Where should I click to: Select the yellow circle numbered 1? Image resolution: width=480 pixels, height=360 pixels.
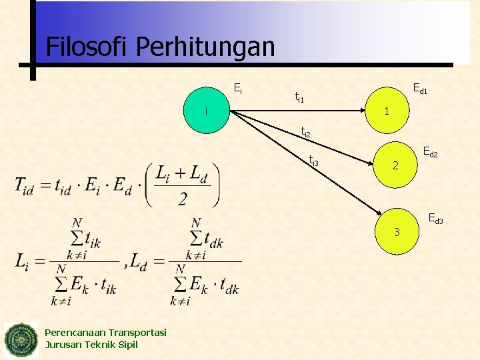point(387,110)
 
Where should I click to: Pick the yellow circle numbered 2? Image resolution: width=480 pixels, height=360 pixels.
point(395,165)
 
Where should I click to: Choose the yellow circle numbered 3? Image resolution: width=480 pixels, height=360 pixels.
point(397,232)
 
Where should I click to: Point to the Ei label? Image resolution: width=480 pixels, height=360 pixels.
point(237,87)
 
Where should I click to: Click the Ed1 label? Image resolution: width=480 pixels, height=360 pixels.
point(420,87)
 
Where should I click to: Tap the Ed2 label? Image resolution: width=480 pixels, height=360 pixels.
point(430,153)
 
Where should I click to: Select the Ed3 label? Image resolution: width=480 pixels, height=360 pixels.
point(435,217)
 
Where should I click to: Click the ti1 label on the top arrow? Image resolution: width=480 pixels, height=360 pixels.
point(299,98)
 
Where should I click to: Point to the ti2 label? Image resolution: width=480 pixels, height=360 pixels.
point(305,132)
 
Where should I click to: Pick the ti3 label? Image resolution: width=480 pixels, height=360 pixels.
point(314,159)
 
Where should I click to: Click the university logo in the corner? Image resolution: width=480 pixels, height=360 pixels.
point(21,339)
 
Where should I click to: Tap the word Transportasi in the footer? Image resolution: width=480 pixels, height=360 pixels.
point(136,333)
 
